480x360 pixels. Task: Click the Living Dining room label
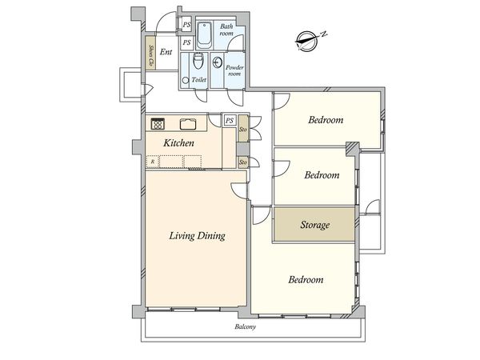[197, 236]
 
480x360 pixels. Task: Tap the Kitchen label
[178, 143]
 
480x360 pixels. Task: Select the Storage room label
[314, 225]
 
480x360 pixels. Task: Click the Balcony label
[246, 326]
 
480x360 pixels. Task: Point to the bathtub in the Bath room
[204, 34]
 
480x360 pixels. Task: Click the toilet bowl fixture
[198, 62]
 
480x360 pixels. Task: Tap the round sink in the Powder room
[217, 62]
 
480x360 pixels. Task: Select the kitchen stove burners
[158, 124]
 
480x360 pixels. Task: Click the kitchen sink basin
[188, 124]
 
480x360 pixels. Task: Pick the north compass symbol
[307, 41]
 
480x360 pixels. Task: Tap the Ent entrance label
[166, 52]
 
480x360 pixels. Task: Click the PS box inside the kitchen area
[230, 121]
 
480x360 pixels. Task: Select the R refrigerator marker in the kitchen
[153, 162]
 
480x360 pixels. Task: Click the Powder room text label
[234, 70]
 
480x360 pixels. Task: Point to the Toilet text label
[199, 79]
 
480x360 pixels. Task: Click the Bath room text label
[226, 30]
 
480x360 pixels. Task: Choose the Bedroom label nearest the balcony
[306, 279]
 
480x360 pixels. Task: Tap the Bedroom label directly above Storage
[322, 174]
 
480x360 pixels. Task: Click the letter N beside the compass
[324, 34]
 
